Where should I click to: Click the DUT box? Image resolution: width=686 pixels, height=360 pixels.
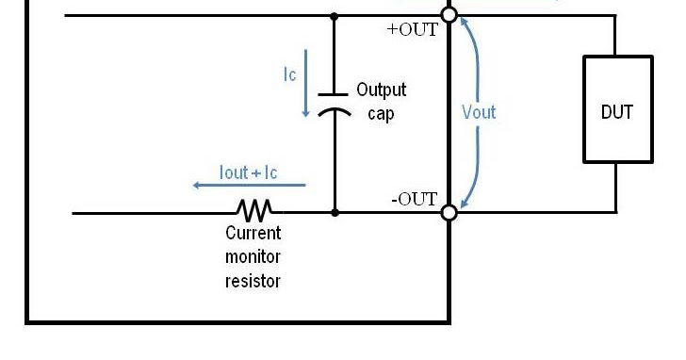tap(617, 109)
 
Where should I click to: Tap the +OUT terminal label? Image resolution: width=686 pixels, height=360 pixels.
tap(413, 29)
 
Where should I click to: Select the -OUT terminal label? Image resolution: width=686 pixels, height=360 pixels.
tap(414, 199)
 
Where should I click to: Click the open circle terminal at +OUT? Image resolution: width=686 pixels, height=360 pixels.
tap(449, 15)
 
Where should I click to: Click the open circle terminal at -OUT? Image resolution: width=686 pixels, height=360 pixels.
tap(449, 213)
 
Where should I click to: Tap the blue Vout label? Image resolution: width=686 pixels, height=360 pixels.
tap(479, 112)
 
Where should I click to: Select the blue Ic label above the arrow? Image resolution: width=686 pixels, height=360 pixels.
tap(290, 74)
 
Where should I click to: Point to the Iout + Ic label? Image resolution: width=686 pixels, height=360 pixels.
tap(248, 172)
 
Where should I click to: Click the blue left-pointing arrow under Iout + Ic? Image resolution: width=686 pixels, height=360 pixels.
tap(236, 186)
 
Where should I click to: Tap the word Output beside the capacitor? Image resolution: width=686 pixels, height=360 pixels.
tap(382, 90)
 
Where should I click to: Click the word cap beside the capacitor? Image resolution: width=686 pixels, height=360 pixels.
tap(381, 113)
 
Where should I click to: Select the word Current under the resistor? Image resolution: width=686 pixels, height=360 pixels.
tap(253, 233)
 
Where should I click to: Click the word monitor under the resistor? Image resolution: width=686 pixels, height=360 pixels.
tap(253, 256)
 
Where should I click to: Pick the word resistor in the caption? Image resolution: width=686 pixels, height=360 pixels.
tap(253, 280)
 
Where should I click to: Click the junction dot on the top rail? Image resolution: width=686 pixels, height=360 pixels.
tap(335, 15)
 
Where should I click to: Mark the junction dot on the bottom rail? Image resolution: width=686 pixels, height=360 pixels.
tap(335, 213)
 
